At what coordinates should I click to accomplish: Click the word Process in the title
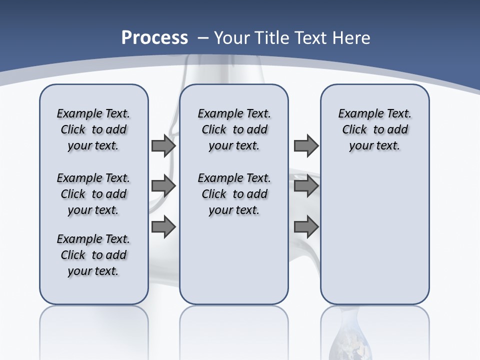tap(154, 37)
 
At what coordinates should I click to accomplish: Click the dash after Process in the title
tap(203, 38)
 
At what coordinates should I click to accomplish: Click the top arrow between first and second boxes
tap(163, 146)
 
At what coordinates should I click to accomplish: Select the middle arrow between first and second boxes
tap(163, 186)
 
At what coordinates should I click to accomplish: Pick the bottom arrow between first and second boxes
tap(163, 227)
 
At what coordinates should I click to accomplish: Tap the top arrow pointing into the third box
tap(306, 146)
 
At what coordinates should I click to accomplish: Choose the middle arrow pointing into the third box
tap(306, 186)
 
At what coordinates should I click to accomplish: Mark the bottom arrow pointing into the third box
tap(306, 227)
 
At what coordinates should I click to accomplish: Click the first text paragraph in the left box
tap(93, 129)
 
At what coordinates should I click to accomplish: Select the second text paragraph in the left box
tap(93, 194)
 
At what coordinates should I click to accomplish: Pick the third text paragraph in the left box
tap(93, 255)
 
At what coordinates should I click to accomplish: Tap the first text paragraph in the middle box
tap(234, 129)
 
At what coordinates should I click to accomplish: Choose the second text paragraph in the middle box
tap(234, 194)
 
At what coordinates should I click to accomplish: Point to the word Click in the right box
tap(354, 130)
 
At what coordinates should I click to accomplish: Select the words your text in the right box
tap(374, 146)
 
